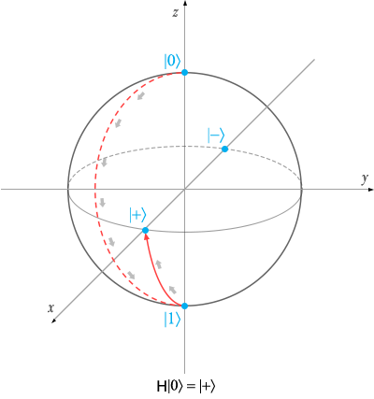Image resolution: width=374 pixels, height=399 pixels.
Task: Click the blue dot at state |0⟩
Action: [184, 73]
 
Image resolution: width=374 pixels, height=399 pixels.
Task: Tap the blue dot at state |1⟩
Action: [184, 306]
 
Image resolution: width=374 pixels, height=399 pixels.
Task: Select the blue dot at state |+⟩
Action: [145, 231]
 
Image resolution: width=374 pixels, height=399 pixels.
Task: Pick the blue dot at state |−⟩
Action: [224, 150]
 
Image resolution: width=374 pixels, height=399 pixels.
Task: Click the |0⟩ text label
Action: [172, 61]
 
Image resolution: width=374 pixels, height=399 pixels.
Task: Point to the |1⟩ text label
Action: [172, 320]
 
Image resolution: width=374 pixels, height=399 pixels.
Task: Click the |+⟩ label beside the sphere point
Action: [137, 216]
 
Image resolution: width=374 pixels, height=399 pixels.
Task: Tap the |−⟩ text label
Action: [216, 135]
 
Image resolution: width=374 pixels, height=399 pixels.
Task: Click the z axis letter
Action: [176, 13]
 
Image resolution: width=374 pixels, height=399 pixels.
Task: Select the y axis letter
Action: [365, 179]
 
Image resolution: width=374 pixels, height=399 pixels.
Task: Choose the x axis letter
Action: [50, 308]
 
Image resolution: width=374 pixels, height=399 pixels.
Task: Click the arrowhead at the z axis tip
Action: [185, 3]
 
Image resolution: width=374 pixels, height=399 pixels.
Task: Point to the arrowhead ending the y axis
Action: [371, 189]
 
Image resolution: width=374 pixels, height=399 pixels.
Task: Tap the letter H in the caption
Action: [162, 386]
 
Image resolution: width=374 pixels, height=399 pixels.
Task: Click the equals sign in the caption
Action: [190, 387]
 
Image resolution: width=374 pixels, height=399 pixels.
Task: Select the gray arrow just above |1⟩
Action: [172, 290]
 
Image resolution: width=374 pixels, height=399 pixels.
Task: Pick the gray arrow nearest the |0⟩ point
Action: [141, 96]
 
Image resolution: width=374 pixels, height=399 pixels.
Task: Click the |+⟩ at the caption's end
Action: [207, 386]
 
